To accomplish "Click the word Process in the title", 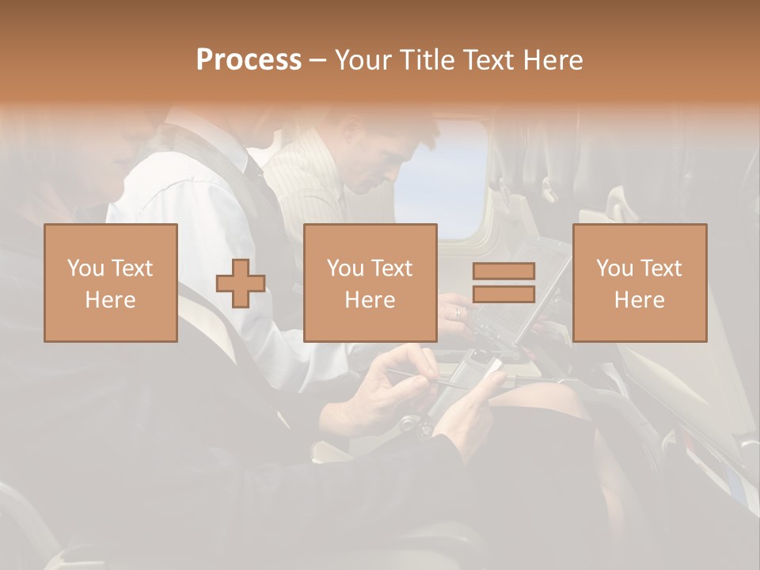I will tap(249, 60).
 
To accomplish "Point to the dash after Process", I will tap(317, 61).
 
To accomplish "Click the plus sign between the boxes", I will tap(241, 283).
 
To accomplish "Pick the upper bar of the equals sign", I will tap(503, 272).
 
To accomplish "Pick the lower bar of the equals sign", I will tap(503, 294).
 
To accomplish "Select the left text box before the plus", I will tap(111, 283).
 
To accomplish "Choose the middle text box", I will tap(370, 283).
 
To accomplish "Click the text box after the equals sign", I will tap(640, 283).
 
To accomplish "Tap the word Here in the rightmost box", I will tap(640, 299).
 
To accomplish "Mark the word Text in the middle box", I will tap(392, 268).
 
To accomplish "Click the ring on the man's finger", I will tap(456, 312).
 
